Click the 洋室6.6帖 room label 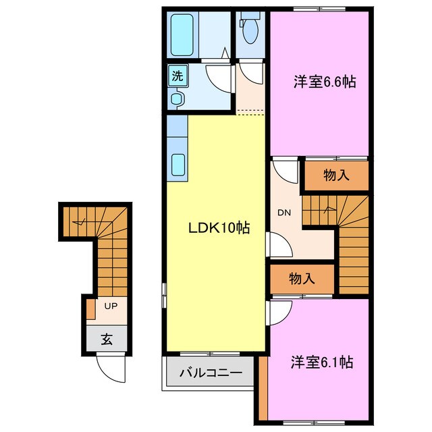[325, 82]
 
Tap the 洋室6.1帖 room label [322, 362]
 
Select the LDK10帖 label [219, 229]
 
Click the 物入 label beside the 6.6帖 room [336, 175]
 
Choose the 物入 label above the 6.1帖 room [302, 277]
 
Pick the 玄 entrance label [107, 339]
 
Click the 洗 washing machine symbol [176, 76]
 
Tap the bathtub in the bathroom [182, 34]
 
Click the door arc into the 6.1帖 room [278, 311]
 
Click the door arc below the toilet [251, 72]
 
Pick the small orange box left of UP [90, 310]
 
